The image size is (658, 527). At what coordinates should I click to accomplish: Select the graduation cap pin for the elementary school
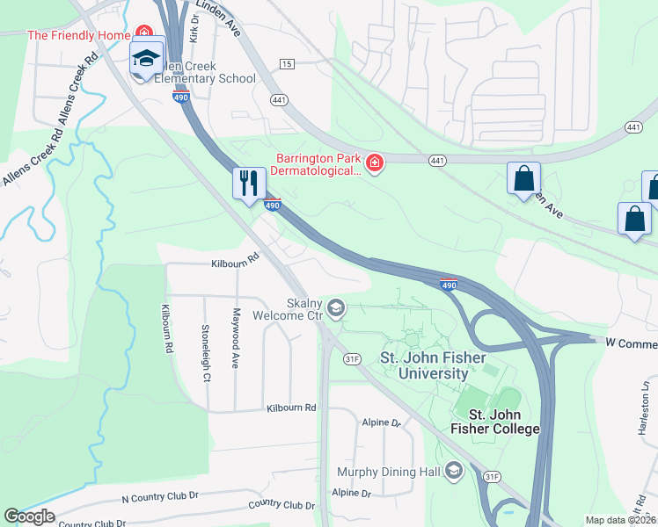coord(146,59)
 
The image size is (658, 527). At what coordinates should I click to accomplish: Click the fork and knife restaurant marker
coord(249,183)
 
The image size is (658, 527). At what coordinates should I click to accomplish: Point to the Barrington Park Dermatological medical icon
coord(375,163)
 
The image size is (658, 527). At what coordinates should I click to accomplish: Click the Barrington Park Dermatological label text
coord(318,164)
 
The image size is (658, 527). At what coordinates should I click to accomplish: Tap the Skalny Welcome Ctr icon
coord(336,308)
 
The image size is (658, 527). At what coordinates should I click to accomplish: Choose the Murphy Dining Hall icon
coord(454,472)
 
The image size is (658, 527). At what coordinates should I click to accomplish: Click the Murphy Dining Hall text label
coord(388,472)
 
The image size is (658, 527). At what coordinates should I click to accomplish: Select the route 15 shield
coord(287,64)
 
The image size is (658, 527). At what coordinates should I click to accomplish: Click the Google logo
coord(29,516)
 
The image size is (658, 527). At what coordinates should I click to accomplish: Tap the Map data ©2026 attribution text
coord(620,520)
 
